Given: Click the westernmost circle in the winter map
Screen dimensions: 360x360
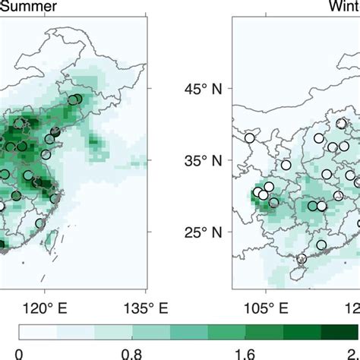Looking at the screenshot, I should click(x=250, y=138).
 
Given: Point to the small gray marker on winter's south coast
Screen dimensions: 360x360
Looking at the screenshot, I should click(x=302, y=259).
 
